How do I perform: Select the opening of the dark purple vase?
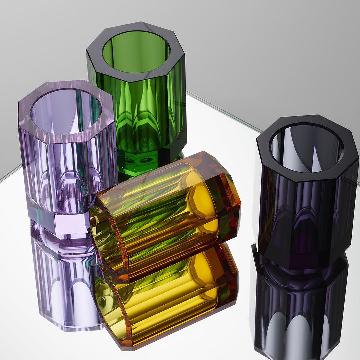coord(306,148)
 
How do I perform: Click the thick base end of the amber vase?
coord(227,197)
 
